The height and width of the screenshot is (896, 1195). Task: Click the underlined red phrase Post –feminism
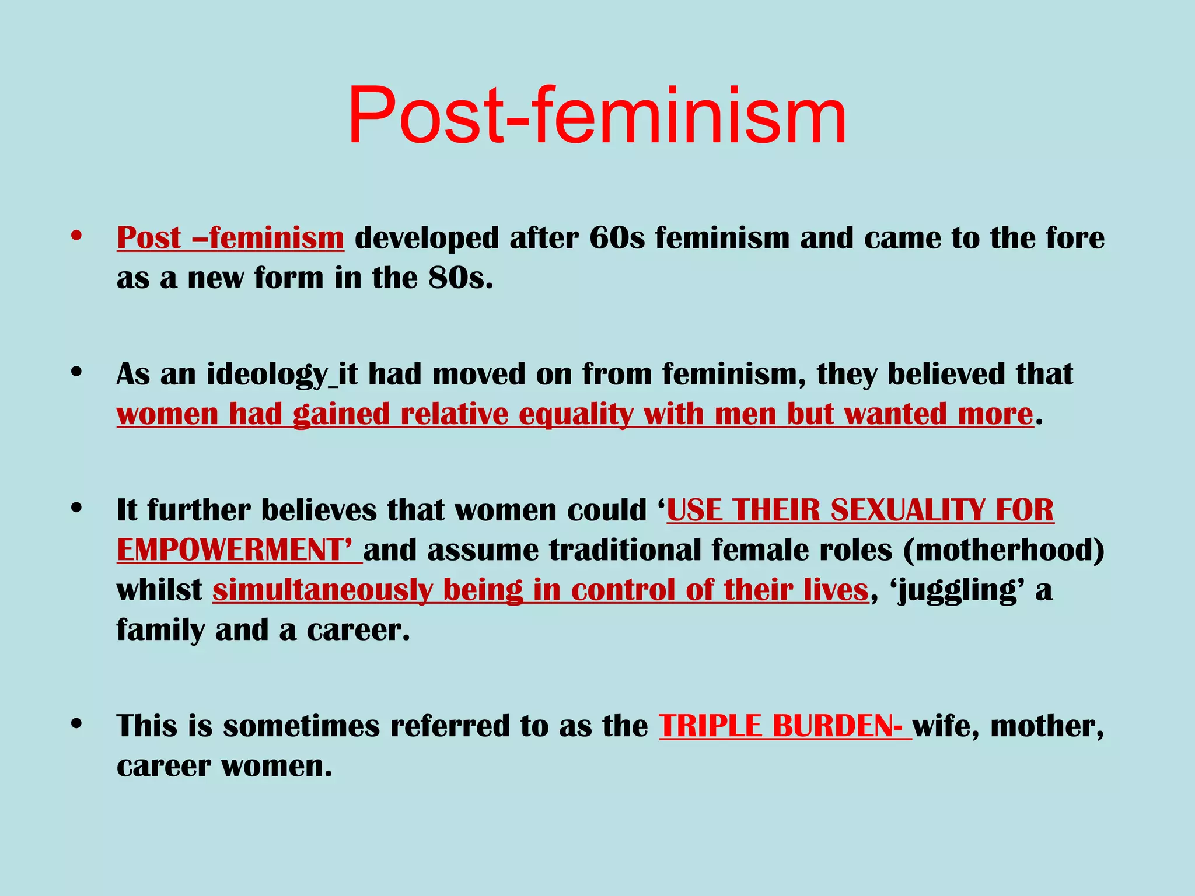(x=230, y=238)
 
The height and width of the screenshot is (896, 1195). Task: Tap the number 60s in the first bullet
(x=617, y=238)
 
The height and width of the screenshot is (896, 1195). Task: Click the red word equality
(x=576, y=414)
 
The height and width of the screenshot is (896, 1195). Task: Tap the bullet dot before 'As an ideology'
(x=76, y=372)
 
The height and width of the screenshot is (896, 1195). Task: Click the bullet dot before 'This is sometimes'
(x=76, y=724)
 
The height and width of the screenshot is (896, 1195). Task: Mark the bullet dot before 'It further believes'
(x=76, y=508)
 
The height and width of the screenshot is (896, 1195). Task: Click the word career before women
(x=163, y=766)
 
